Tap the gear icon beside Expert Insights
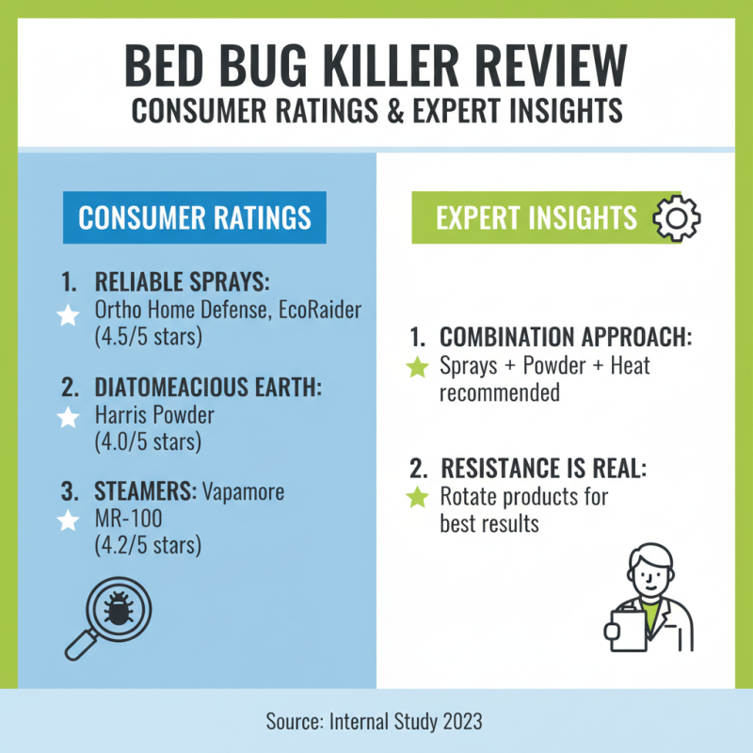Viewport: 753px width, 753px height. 677,219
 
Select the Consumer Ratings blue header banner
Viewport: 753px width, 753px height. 195,218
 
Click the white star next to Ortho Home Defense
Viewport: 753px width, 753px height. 68,315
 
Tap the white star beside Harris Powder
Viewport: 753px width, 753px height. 68,418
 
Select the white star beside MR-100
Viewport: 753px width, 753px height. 68,520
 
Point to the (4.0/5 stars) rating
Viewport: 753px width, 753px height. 149,441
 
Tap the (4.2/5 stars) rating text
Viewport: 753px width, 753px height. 149,545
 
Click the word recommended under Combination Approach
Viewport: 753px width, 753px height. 500,393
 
